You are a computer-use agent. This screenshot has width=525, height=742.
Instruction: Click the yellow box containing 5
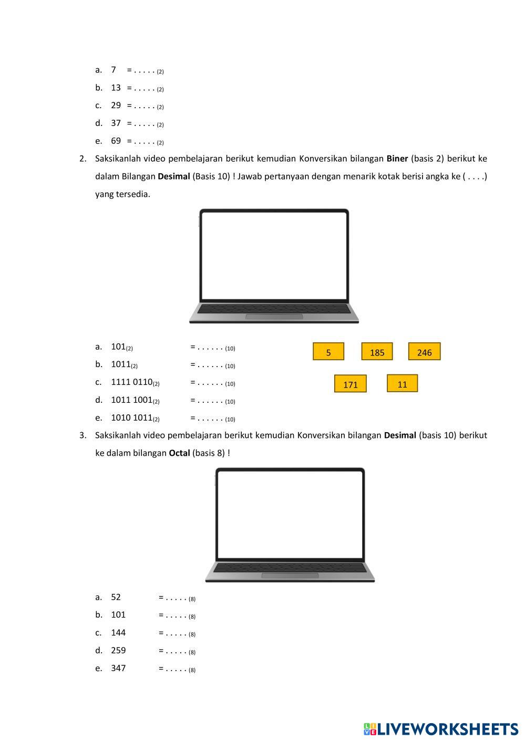pos(328,352)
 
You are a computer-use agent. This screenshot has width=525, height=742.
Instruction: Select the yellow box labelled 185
pos(377,352)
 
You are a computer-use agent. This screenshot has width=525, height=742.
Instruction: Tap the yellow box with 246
pos(424,352)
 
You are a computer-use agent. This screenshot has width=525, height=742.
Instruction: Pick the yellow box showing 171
pos(350,384)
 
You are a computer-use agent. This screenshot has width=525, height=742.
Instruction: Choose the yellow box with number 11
pos(402,384)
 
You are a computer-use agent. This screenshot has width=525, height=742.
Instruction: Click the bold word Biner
pos(397,159)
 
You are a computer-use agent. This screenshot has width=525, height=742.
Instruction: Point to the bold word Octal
pos(179,453)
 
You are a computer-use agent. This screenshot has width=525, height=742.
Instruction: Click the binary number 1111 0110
pos(132,382)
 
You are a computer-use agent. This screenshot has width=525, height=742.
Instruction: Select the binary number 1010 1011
pos(132,417)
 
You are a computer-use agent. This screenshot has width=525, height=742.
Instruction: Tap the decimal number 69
pos(116,141)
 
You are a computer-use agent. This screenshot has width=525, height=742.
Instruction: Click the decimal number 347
pos(118,668)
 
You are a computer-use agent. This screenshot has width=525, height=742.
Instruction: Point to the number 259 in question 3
pos(118,650)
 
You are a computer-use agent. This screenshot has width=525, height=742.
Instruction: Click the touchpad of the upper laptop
pos(274,316)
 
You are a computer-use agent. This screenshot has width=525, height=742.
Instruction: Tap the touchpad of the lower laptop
pos(290,576)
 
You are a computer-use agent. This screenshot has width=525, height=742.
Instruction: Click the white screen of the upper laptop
pos(274,256)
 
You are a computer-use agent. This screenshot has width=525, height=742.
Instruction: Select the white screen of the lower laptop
pos(290,514)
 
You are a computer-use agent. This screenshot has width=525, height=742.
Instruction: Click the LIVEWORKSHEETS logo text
pos(447,729)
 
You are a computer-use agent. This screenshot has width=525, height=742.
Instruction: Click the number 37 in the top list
pos(116,123)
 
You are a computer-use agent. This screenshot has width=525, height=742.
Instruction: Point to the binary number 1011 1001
pos(132,400)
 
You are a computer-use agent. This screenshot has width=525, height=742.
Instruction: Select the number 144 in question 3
pos(118,632)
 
